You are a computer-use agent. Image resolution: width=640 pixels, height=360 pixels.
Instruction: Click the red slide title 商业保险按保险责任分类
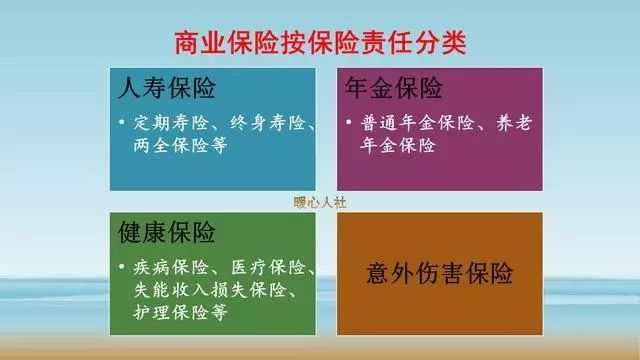(x=320, y=43)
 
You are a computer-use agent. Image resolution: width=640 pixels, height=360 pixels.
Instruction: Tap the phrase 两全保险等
(x=177, y=146)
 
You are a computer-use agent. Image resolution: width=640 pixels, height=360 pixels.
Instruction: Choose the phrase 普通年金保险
(x=405, y=125)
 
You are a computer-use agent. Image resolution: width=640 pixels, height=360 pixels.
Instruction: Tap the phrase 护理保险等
(x=177, y=312)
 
